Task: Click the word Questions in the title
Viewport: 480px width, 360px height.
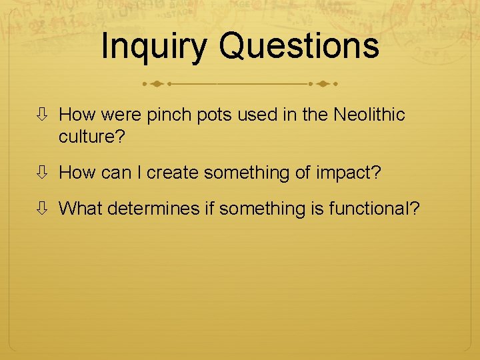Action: (299, 47)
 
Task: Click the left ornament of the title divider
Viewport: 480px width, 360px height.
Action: (157, 85)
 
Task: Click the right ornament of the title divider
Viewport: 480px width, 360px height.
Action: (323, 85)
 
